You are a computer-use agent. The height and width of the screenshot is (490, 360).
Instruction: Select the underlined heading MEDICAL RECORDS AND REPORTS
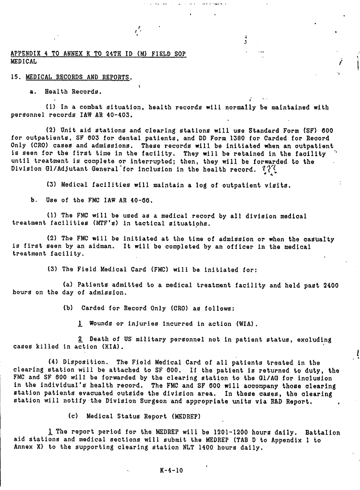point(78,78)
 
